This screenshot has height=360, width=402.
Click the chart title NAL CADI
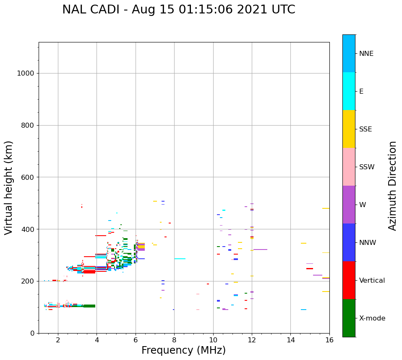point(178,10)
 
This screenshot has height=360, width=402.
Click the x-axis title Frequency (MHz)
point(183,350)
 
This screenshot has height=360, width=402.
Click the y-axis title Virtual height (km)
point(9,188)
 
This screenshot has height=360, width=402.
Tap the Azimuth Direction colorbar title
point(392,186)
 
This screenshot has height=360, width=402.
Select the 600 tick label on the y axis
point(28,177)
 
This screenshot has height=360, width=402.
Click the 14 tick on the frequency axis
point(290,339)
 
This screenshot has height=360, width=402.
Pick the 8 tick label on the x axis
point(174,339)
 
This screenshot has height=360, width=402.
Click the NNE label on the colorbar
point(366,54)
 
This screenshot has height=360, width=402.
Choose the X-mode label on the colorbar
point(372,318)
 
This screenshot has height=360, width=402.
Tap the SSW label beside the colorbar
point(366,167)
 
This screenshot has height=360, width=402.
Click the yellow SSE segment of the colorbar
point(349,129)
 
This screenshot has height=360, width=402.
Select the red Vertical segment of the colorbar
point(349,280)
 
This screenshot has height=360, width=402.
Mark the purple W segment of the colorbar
point(349,205)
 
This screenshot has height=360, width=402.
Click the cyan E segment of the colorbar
point(349,91)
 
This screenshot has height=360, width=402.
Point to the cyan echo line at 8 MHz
point(180,259)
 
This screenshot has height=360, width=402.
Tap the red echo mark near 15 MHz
point(310,268)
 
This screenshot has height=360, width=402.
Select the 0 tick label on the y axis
point(33,333)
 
